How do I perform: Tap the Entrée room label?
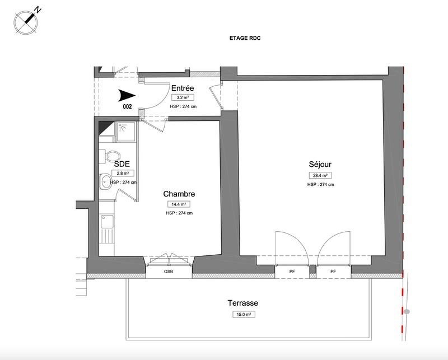(x=183, y=88)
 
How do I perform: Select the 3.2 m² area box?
(x=183, y=97)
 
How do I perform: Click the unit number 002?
(x=127, y=106)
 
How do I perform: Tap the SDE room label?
(x=123, y=164)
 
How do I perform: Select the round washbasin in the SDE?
(x=106, y=181)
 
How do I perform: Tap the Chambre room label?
(x=179, y=194)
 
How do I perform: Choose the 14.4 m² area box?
(x=179, y=204)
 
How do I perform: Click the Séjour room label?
(x=320, y=165)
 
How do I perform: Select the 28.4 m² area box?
(x=320, y=175)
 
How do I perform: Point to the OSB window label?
(x=169, y=272)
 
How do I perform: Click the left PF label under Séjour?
(x=292, y=272)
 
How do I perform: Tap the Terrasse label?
(x=242, y=303)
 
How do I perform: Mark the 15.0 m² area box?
(x=242, y=314)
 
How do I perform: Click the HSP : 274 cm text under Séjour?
(x=320, y=184)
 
